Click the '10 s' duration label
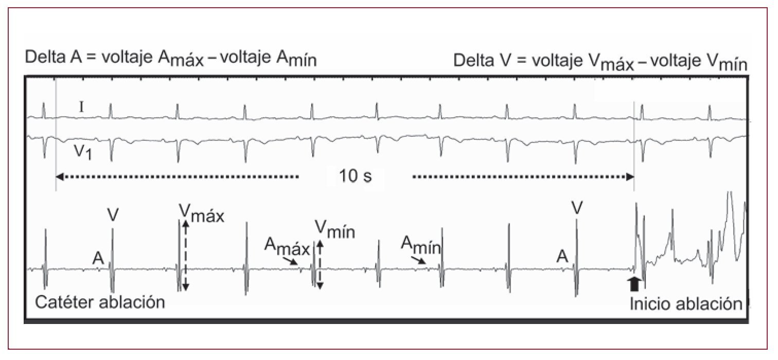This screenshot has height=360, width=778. pyautogui.click(x=355, y=176)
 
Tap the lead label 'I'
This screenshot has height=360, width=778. pyautogui.click(x=81, y=107)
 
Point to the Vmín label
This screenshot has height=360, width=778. pyautogui.click(x=334, y=229)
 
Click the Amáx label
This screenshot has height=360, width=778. pyautogui.click(x=287, y=247)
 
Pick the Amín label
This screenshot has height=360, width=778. pyautogui.click(x=421, y=244)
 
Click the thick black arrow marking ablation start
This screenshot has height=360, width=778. pyautogui.click(x=634, y=283)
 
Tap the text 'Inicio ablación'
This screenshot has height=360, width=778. pyautogui.click(x=686, y=303)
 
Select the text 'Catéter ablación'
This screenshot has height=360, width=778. pyautogui.click(x=100, y=301)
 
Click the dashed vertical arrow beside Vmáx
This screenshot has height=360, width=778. pyautogui.click(x=186, y=255)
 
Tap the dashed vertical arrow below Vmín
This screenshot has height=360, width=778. pyautogui.click(x=320, y=264)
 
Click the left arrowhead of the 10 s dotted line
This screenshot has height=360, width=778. pyautogui.click(x=59, y=177)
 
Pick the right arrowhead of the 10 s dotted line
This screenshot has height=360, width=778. pyautogui.click(x=630, y=177)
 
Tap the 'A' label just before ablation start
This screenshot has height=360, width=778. pyautogui.click(x=563, y=256)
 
